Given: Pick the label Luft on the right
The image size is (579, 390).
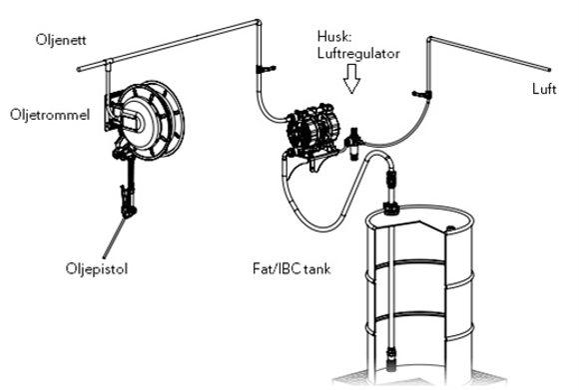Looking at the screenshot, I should [x=544, y=89].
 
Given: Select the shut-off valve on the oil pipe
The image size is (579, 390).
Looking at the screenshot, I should [x=263, y=68].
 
